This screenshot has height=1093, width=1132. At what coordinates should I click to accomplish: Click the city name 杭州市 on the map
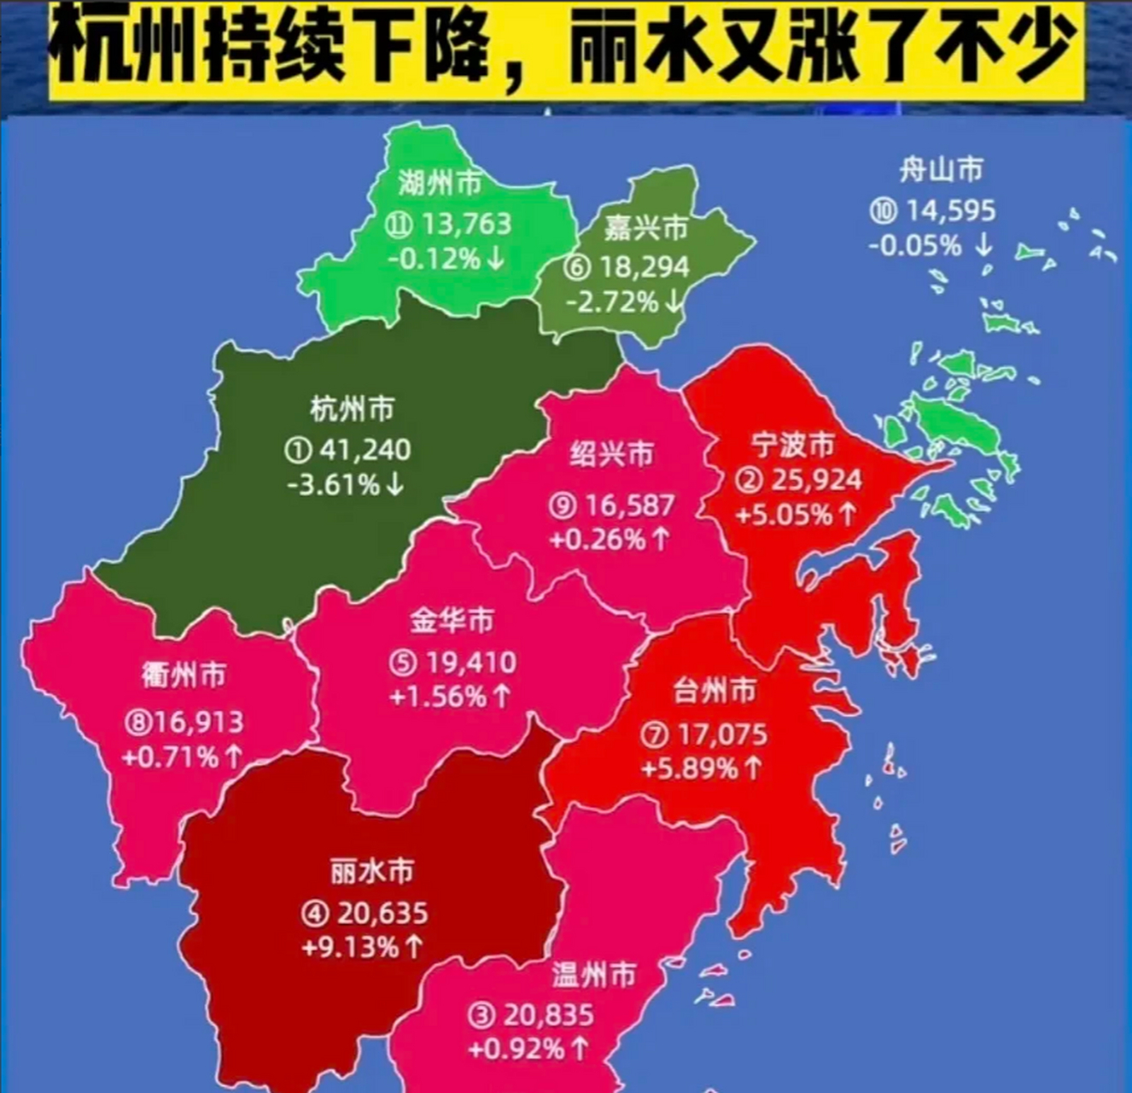(352, 410)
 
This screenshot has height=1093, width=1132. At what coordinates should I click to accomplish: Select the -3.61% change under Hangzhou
(334, 485)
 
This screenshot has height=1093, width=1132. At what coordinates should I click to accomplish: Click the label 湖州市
(440, 182)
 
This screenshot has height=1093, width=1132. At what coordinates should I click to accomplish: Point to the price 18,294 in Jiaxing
(643, 267)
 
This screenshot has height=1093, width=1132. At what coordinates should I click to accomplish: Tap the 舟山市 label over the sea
(941, 170)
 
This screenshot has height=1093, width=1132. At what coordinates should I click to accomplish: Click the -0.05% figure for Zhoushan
(915, 246)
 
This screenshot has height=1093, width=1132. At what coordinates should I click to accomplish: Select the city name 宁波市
(793, 445)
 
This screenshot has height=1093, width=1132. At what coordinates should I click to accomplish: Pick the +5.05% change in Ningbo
(784, 515)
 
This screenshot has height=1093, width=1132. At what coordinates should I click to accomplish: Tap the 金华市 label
(452, 620)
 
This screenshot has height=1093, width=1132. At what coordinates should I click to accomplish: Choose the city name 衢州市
(184, 675)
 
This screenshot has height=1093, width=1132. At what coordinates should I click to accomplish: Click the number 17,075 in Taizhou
(722, 734)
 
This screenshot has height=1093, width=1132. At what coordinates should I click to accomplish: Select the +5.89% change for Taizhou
(689, 769)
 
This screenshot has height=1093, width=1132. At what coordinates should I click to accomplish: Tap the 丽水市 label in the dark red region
(371, 872)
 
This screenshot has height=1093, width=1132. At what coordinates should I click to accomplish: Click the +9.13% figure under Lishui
(349, 947)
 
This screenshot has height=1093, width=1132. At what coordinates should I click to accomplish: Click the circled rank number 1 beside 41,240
(300, 450)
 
